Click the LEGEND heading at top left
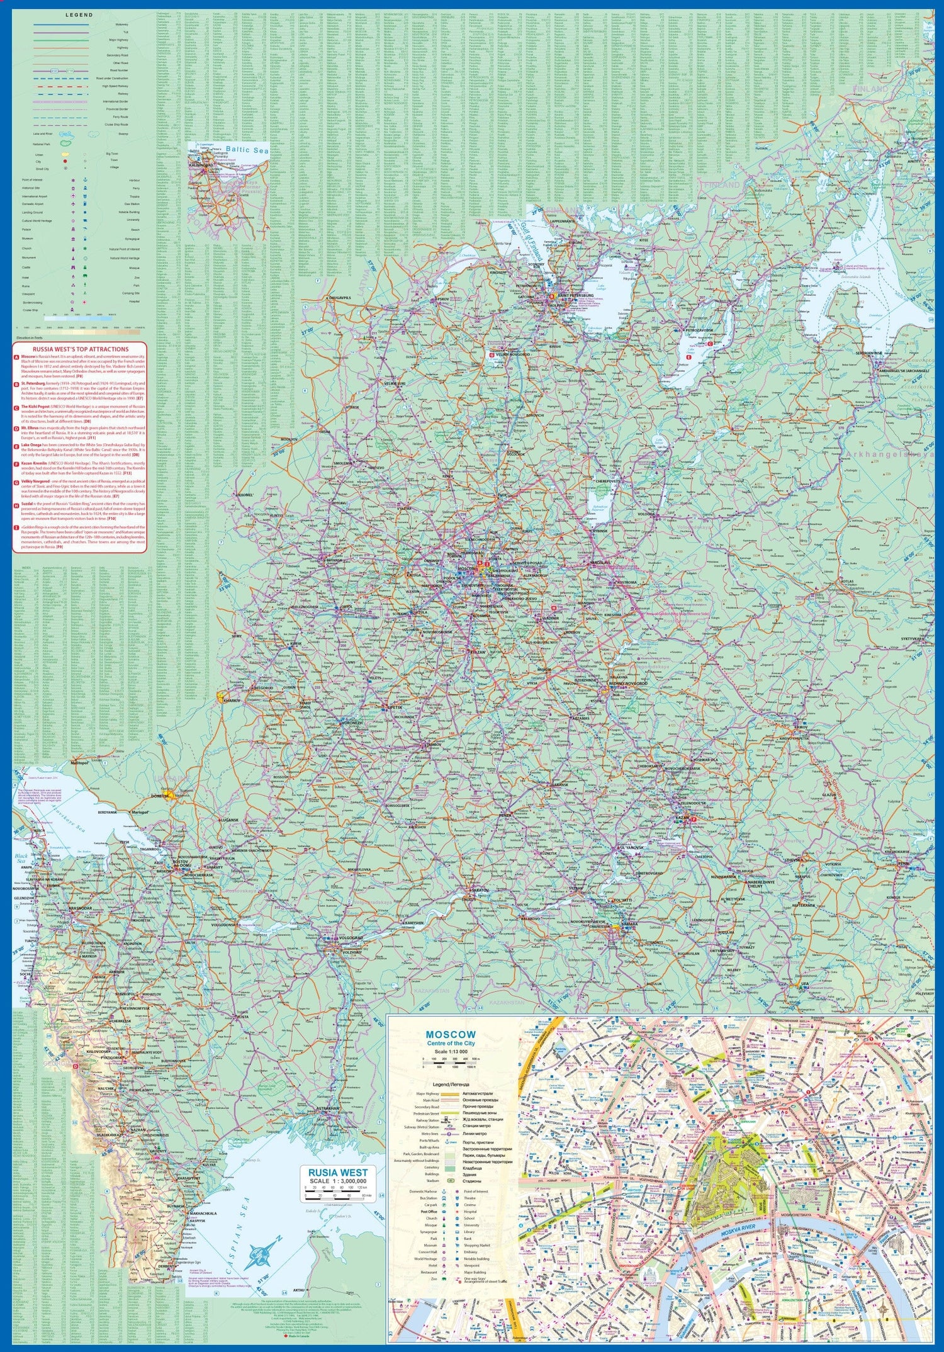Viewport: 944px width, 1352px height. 79,14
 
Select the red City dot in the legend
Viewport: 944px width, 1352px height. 64,162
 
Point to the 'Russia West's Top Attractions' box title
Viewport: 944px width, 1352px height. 81,349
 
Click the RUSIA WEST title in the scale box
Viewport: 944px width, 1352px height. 338,1173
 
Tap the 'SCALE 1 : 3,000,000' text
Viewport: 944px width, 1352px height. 338,1181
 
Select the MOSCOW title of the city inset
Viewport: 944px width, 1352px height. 451,1035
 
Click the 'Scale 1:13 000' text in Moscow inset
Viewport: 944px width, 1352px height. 450,1052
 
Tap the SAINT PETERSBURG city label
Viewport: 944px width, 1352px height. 575,295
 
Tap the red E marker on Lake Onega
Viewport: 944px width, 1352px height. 688,358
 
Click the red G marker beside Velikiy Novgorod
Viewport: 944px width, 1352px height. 492,354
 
